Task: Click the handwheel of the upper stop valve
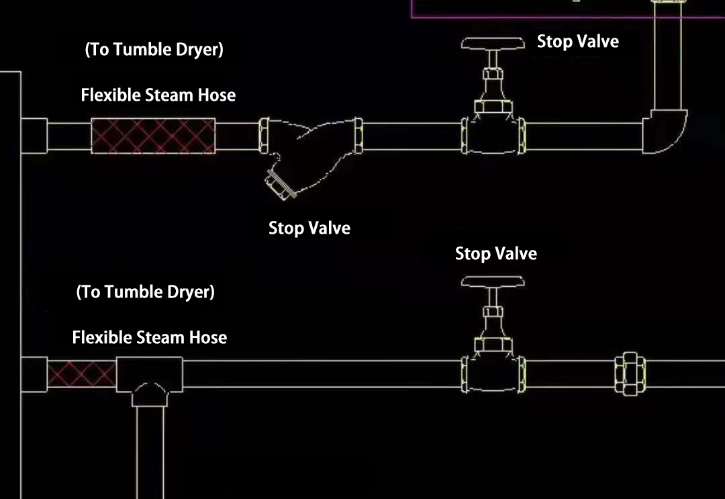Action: click(493, 44)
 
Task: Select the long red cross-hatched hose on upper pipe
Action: click(153, 136)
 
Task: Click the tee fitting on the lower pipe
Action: click(149, 376)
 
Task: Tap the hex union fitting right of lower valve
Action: click(630, 374)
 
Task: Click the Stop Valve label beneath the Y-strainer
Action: click(309, 228)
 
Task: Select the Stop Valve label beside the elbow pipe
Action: click(577, 42)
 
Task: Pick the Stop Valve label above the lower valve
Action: click(495, 254)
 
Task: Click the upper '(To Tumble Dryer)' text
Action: click(154, 50)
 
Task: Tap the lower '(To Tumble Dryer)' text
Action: click(145, 292)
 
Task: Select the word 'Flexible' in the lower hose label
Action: click(101, 337)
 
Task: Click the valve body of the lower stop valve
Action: click(493, 373)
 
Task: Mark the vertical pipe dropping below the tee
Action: click(149, 450)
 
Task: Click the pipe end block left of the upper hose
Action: click(34, 136)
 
